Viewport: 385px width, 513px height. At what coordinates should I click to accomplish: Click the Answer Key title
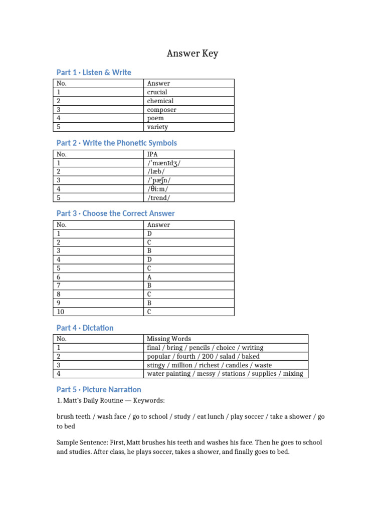192,53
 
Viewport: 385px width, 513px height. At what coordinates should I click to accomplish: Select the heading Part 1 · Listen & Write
94,73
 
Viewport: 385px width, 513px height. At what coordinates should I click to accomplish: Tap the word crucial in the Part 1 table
157,92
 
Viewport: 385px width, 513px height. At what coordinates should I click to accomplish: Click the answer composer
162,110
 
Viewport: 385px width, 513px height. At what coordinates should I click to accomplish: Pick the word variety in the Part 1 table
158,127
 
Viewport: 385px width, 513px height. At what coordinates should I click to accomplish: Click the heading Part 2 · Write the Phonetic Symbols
116,143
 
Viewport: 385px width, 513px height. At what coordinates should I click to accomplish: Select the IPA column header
152,154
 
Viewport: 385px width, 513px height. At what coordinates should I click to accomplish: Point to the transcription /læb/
156,172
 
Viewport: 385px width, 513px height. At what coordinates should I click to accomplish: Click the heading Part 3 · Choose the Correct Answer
115,214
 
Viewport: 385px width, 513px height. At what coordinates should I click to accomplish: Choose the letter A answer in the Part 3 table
149,277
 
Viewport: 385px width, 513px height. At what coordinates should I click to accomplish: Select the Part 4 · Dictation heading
85,328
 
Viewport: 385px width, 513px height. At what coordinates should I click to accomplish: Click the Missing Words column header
169,339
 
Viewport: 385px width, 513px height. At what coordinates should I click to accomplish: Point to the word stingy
156,365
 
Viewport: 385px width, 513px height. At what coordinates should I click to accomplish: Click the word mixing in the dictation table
293,374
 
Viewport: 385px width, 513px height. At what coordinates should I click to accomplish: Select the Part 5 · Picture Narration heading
99,390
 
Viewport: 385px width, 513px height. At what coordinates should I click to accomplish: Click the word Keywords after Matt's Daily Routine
149,401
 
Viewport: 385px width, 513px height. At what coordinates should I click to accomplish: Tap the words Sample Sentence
83,443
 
